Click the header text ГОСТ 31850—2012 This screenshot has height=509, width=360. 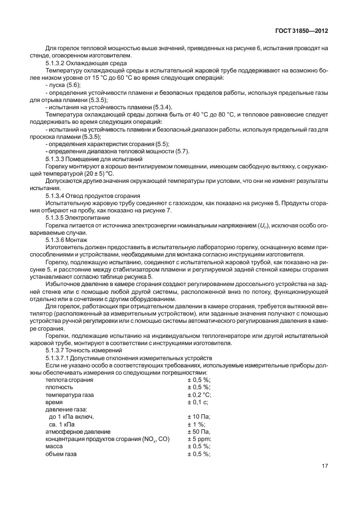coord(301,32)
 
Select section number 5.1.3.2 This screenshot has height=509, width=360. coord(56,63)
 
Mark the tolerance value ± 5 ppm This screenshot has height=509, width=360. coord(200,439)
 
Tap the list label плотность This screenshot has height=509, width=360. coord(59,387)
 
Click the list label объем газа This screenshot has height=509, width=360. coord(61,454)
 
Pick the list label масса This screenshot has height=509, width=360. coord(54,447)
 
